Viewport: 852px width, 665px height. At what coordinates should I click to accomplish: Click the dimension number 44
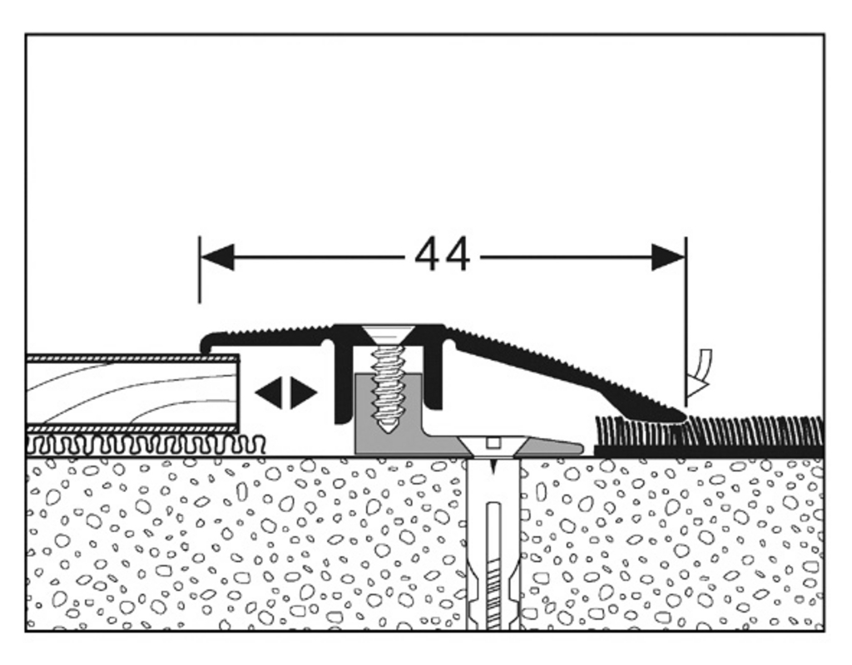tap(442, 255)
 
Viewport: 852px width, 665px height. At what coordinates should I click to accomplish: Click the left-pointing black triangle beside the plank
tap(269, 392)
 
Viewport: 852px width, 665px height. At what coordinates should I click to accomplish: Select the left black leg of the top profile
tap(340, 382)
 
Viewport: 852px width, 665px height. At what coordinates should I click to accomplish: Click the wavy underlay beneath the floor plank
tap(141, 444)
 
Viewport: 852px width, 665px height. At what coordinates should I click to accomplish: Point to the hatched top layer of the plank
tap(133, 358)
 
